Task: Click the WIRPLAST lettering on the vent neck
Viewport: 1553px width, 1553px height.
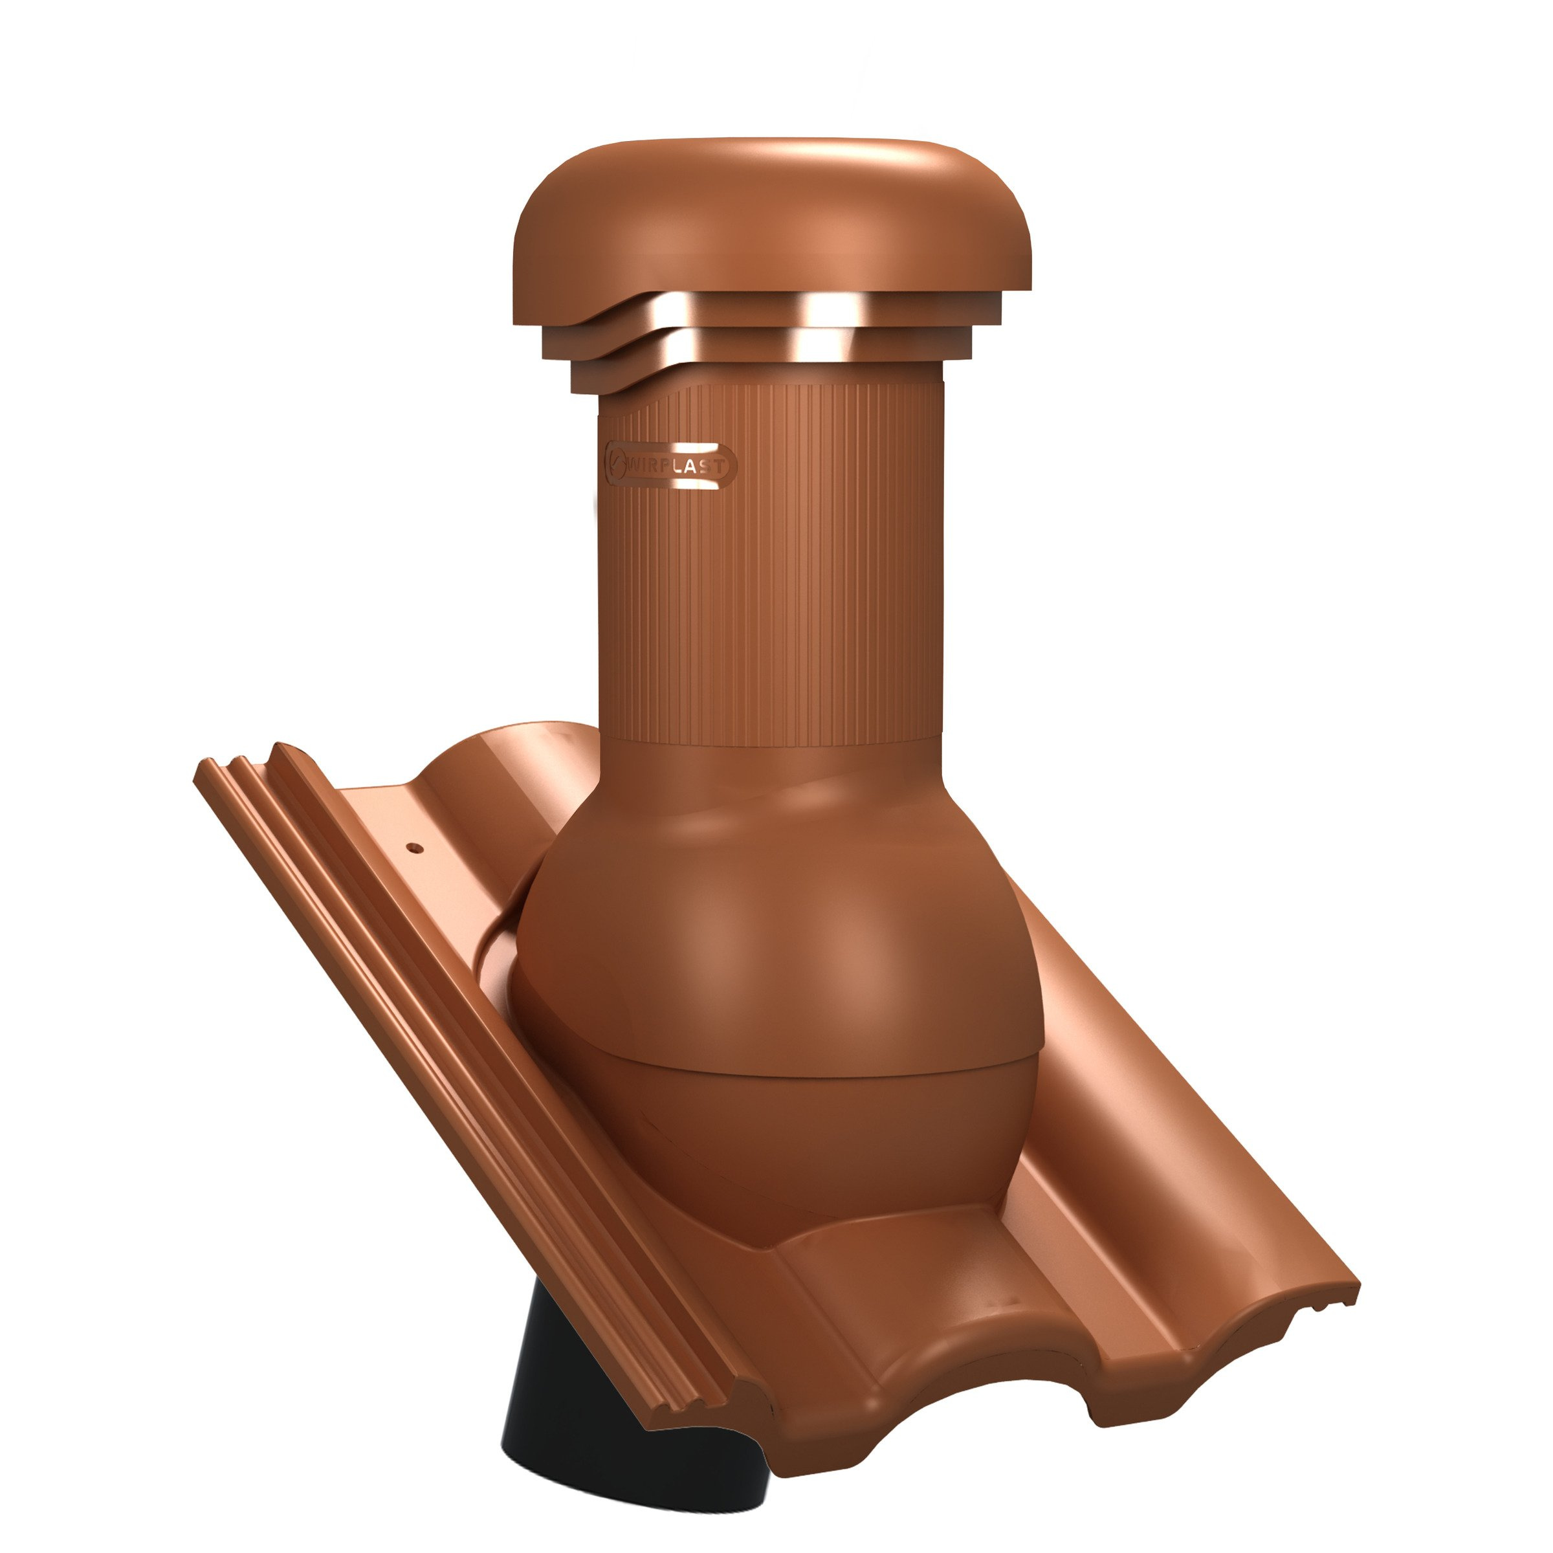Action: pos(677,465)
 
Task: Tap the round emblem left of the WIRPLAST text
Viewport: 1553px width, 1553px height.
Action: pos(617,464)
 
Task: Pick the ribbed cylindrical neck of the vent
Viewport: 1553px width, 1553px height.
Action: pos(771,563)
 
